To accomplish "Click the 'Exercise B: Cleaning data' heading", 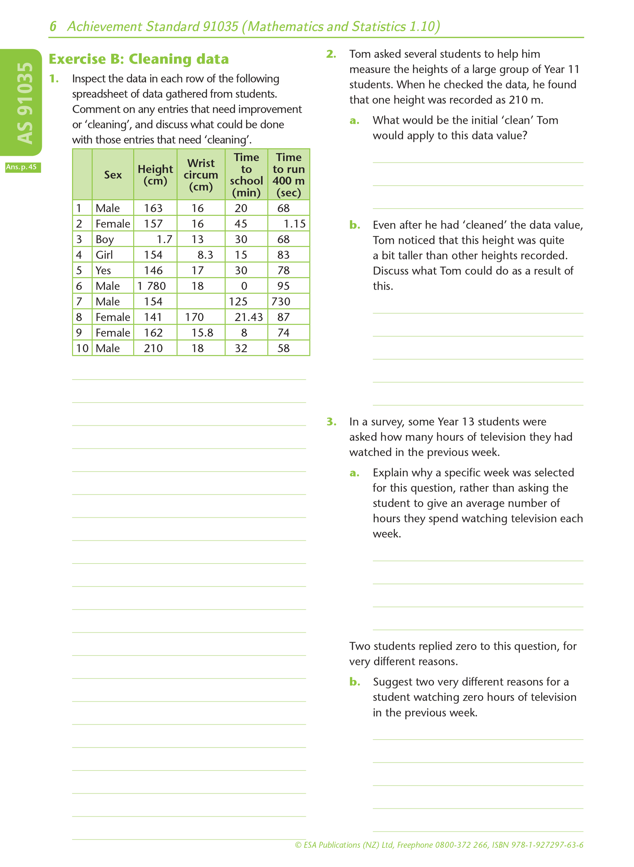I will pyautogui.click(x=138, y=59).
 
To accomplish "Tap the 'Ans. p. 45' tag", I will pyautogui.click(x=22, y=167).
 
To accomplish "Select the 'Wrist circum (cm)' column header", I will pyautogui.click(x=201, y=175).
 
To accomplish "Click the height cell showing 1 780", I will pyautogui.click(x=151, y=286).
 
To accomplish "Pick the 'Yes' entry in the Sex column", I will pyautogui.click(x=103, y=270).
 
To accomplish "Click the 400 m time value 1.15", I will pyautogui.click(x=295, y=224).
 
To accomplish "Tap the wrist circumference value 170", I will pyautogui.click(x=194, y=317).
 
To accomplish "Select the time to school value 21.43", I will pyautogui.click(x=249, y=317).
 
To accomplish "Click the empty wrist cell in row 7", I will pyautogui.click(x=201, y=301).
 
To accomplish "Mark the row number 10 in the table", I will pyautogui.click(x=82, y=348).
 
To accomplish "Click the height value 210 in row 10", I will pyautogui.click(x=153, y=348).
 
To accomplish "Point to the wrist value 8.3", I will pyautogui.click(x=205, y=255).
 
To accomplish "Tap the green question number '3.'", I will pyautogui.click(x=331, y=421).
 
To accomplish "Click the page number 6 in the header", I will pyautogui.click(x=53, y=26).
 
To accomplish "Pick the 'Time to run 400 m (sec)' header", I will pyautogui.click(x=289, y=175).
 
